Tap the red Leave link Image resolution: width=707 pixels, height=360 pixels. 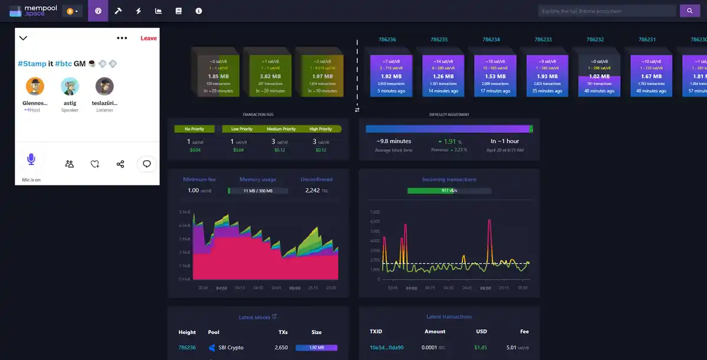coord(148,38)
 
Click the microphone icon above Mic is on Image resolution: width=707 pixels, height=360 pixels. coord(31,159)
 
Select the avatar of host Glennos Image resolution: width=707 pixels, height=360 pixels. coord(35,86)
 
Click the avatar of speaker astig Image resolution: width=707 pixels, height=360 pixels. coord(70,86)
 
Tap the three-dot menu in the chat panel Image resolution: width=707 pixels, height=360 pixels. coord(122,38)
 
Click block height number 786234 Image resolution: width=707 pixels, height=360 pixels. coord(491,39)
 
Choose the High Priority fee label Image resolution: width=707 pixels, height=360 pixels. coord(321,129)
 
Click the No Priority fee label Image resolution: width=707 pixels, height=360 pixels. coord(194,129)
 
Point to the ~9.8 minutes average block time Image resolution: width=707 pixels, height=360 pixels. coord(394,141)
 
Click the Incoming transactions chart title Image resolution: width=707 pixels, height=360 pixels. coord(449,179)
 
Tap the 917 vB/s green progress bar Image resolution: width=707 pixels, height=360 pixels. coord(449,190)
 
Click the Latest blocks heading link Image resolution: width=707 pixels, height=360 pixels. coord(255,318)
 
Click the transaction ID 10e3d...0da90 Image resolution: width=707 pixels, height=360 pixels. coord(386,348)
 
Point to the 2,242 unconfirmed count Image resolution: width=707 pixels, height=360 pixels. coord(312,190)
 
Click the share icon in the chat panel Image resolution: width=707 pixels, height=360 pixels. coord(120,164)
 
